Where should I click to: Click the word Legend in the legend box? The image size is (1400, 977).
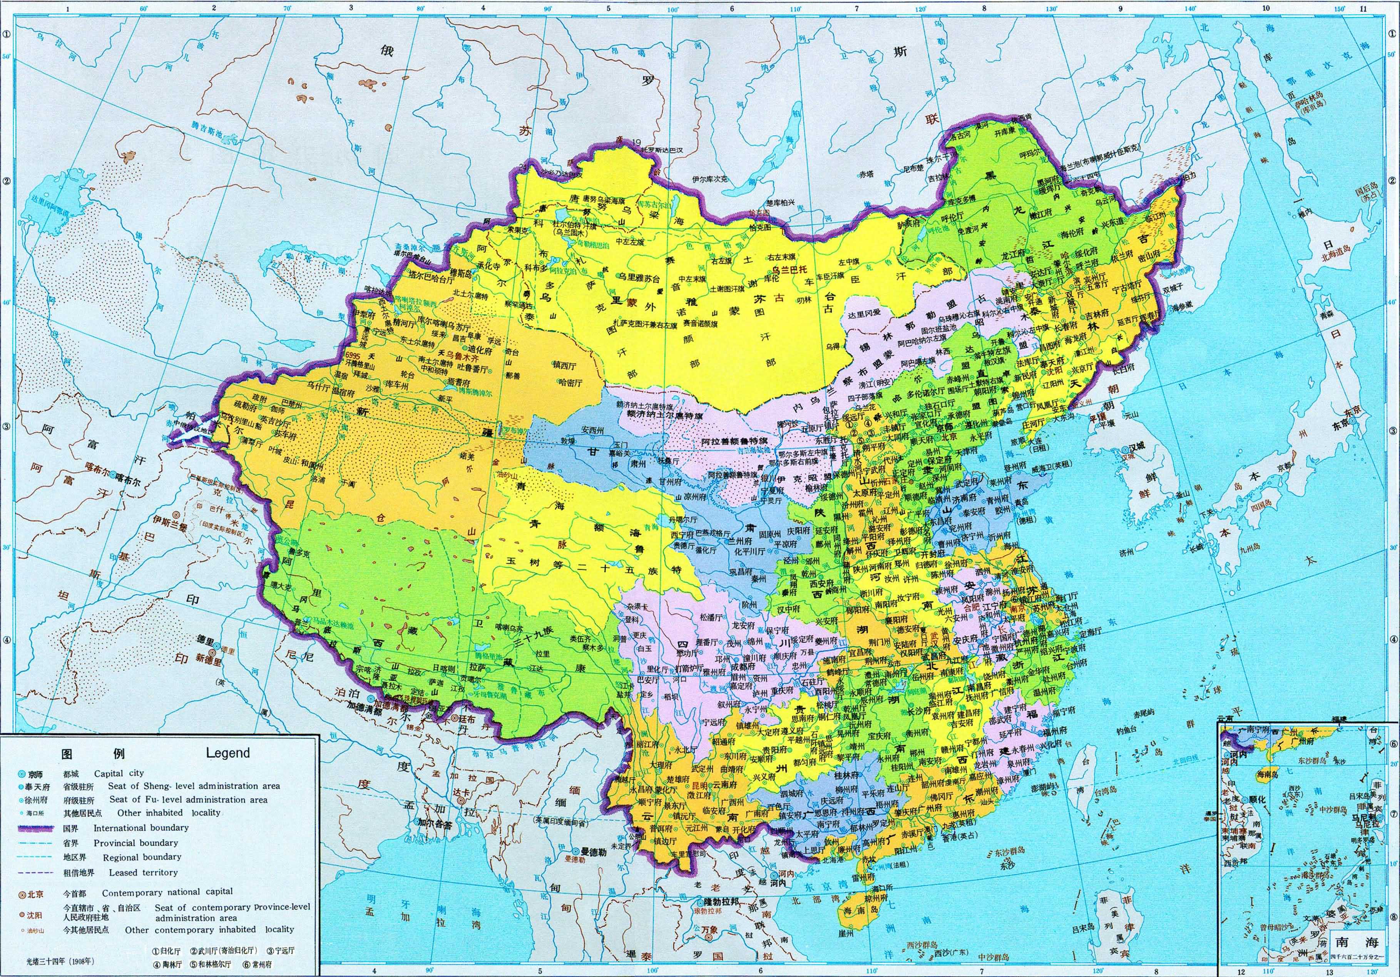point(227,753)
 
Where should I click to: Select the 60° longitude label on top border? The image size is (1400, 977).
point(144,8)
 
